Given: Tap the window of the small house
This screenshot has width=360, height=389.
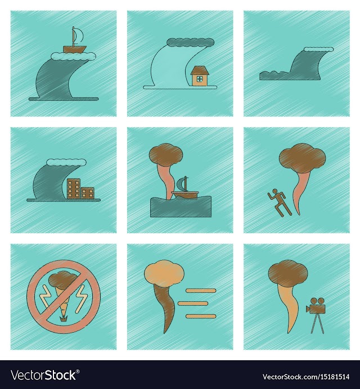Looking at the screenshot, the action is tap(199, 79).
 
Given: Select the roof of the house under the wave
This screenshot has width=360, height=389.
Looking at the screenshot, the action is tap(200, 70).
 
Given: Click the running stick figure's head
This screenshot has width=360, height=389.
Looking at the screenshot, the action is tap(274, 191).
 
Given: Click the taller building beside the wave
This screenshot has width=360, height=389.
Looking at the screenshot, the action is tap(74, 189).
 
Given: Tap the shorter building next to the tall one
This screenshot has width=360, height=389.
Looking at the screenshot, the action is tap(88, 193).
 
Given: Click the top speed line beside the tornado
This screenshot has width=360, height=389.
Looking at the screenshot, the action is tap(201, 290).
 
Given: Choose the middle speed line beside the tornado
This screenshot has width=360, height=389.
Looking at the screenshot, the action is tap(192, 303).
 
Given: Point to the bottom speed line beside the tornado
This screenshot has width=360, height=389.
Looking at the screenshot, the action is tap(201, 316).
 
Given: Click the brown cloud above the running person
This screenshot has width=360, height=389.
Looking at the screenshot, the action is tap(302, 158).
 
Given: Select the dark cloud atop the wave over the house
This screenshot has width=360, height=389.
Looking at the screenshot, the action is tap(190, 42).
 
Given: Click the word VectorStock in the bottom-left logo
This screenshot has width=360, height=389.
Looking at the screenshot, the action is tap(43, 375).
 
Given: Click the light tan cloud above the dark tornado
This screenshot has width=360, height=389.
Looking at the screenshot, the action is tap(164, 273).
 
